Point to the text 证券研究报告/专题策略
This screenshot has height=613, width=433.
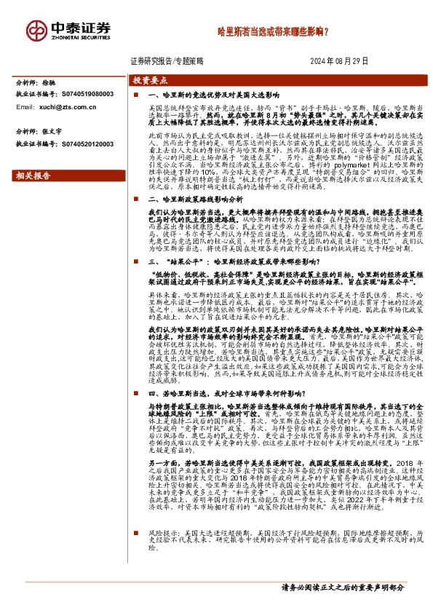point(165,61)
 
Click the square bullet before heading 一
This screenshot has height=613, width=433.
point(135,95)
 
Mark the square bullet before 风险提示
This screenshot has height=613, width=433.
point(135,553)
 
